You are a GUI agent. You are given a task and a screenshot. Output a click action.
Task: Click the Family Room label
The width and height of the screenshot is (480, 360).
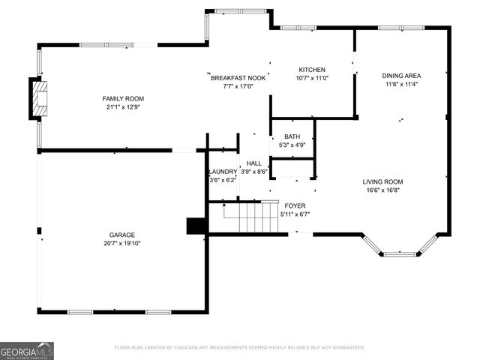point(123,99)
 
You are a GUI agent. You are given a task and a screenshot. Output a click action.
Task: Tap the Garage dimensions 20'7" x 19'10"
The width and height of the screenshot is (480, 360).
point(121,243)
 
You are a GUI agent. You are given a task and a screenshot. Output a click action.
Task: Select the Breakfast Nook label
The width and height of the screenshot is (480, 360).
point(238,78)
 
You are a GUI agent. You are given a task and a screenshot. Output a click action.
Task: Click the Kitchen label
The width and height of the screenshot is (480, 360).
point(312,70)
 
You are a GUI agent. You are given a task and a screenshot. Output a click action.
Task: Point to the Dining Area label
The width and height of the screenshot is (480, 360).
point(402,76)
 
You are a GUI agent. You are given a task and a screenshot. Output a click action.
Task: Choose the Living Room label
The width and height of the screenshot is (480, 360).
point(382,181)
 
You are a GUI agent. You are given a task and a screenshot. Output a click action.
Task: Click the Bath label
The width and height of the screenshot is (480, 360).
point(292,136)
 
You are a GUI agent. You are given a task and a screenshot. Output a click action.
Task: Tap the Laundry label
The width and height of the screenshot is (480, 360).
point(223,172)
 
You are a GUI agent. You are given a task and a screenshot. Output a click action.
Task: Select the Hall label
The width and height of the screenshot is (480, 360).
point(254,163)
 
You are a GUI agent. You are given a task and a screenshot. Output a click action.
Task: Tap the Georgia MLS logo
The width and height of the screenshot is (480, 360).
point(27,350)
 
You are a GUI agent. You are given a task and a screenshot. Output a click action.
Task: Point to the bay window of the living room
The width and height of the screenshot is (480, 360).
point(400,250)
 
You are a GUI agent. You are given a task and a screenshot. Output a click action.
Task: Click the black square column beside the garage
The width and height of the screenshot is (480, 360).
point(196,226)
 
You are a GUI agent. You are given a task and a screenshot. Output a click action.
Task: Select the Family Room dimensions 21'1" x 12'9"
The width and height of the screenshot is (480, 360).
point(123,107)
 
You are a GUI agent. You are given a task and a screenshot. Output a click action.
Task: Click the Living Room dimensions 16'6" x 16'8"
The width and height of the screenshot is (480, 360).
point(382,190)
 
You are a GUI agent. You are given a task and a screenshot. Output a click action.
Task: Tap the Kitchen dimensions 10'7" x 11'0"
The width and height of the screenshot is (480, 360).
point(312,78)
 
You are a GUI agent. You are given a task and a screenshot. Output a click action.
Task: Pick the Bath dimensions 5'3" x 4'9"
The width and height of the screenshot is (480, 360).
point(292,145)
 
